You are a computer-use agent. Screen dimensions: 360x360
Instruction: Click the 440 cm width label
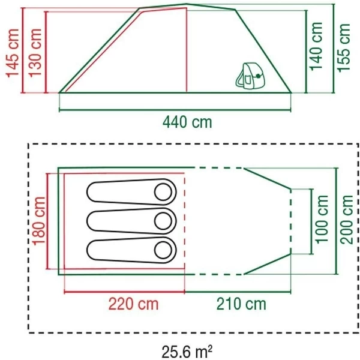[187, 122]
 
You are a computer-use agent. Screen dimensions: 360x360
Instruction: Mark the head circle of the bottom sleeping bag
[163, 249]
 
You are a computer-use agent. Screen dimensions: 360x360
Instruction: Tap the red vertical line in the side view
[186, 51]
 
